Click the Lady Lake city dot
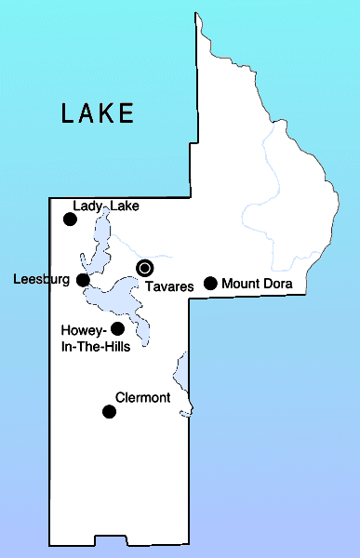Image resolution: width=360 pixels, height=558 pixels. (69, 219)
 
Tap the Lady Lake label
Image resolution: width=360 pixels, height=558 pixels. (106, 206)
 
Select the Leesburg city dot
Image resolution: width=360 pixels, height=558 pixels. (83, 279)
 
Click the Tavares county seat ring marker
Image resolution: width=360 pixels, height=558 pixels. (144, 268)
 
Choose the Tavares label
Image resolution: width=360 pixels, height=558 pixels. (168, 287)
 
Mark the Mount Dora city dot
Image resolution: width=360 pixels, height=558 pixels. (210, 283)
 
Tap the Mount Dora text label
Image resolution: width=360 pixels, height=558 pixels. (258, 284)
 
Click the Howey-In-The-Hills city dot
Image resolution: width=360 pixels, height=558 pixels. (117, 328)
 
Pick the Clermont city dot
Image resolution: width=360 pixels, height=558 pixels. (109, 411)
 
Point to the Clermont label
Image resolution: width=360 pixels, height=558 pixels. (142, 398)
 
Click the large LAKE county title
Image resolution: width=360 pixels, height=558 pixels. (98, 113)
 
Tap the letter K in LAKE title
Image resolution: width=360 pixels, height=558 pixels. (108, 113)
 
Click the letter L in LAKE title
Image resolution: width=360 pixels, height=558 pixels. (68, 113)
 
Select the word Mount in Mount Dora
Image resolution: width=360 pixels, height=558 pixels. (240, 284)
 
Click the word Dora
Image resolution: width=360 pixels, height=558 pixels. (278, 284)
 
